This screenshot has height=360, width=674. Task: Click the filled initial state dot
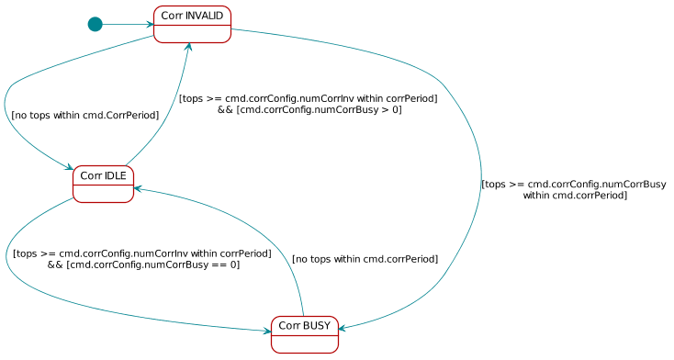pos(95,24)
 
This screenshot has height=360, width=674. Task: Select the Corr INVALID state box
pos(192,24)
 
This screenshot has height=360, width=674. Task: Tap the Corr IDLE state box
pos(103,184)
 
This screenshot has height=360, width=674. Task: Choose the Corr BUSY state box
pos(304,334)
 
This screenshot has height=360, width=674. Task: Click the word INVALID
pos(204,16)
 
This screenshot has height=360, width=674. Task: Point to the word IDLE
pos(116,175)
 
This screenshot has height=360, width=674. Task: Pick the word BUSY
pos(317,325)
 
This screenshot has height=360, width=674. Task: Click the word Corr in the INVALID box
pos(171,16)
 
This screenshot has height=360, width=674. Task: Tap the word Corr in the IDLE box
pos(91,175)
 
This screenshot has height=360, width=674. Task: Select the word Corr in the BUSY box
pos(289,325)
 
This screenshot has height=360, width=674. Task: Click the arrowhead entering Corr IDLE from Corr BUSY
pos(139,188)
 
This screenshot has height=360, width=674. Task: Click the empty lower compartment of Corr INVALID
pos(192,34)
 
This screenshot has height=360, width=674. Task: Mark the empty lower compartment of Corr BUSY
pos(304,343)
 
